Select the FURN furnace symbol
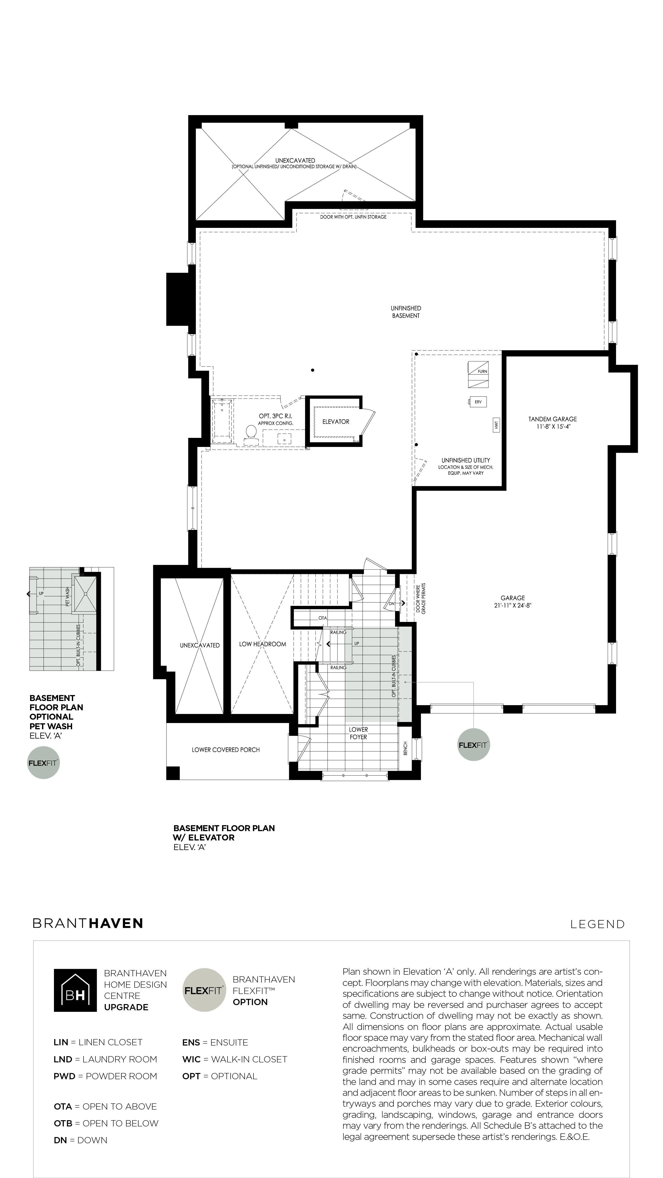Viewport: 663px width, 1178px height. click(478, 369)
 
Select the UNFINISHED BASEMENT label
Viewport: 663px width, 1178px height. click(406, 312)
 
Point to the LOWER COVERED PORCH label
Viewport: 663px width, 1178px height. click(226, 749)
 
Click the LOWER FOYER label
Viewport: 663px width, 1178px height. click(358, 733)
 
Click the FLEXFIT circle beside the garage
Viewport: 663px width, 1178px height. click(474, 745)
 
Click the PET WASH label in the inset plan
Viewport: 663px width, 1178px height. click(68, 597)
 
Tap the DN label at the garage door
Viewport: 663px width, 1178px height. click(391, 604)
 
